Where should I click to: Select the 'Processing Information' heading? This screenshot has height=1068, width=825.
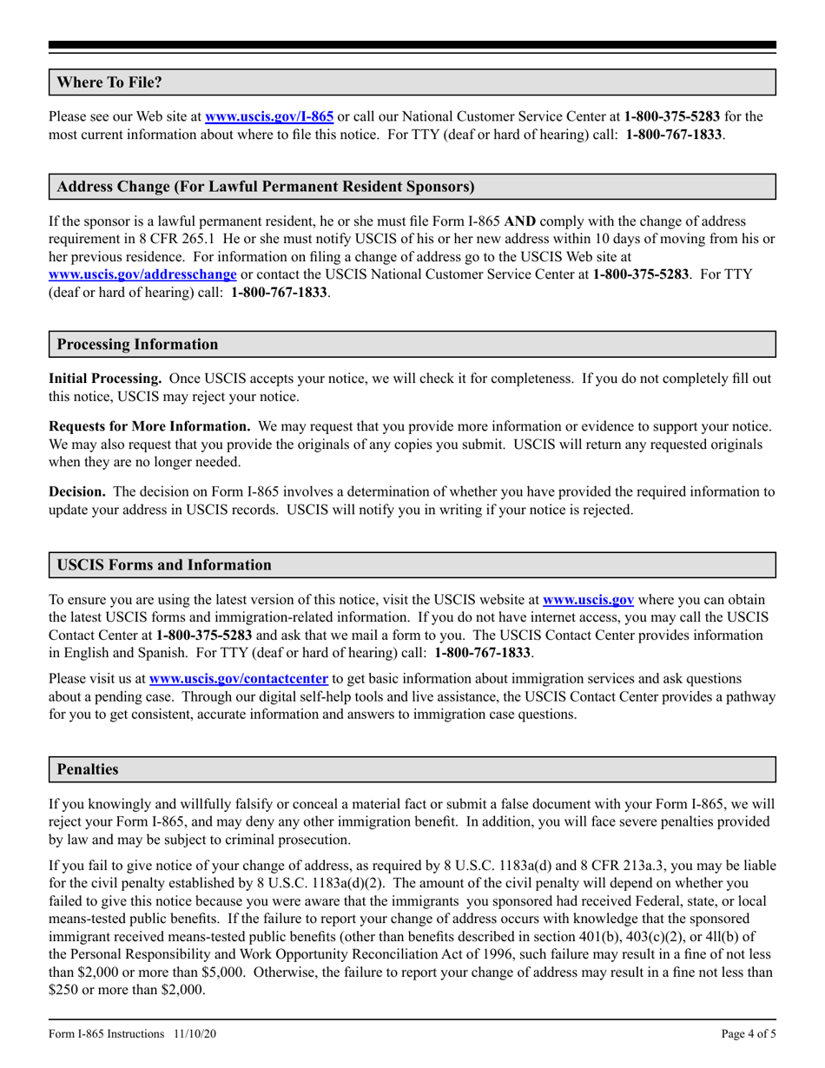137,345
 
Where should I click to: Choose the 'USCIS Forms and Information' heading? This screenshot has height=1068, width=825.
164,565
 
